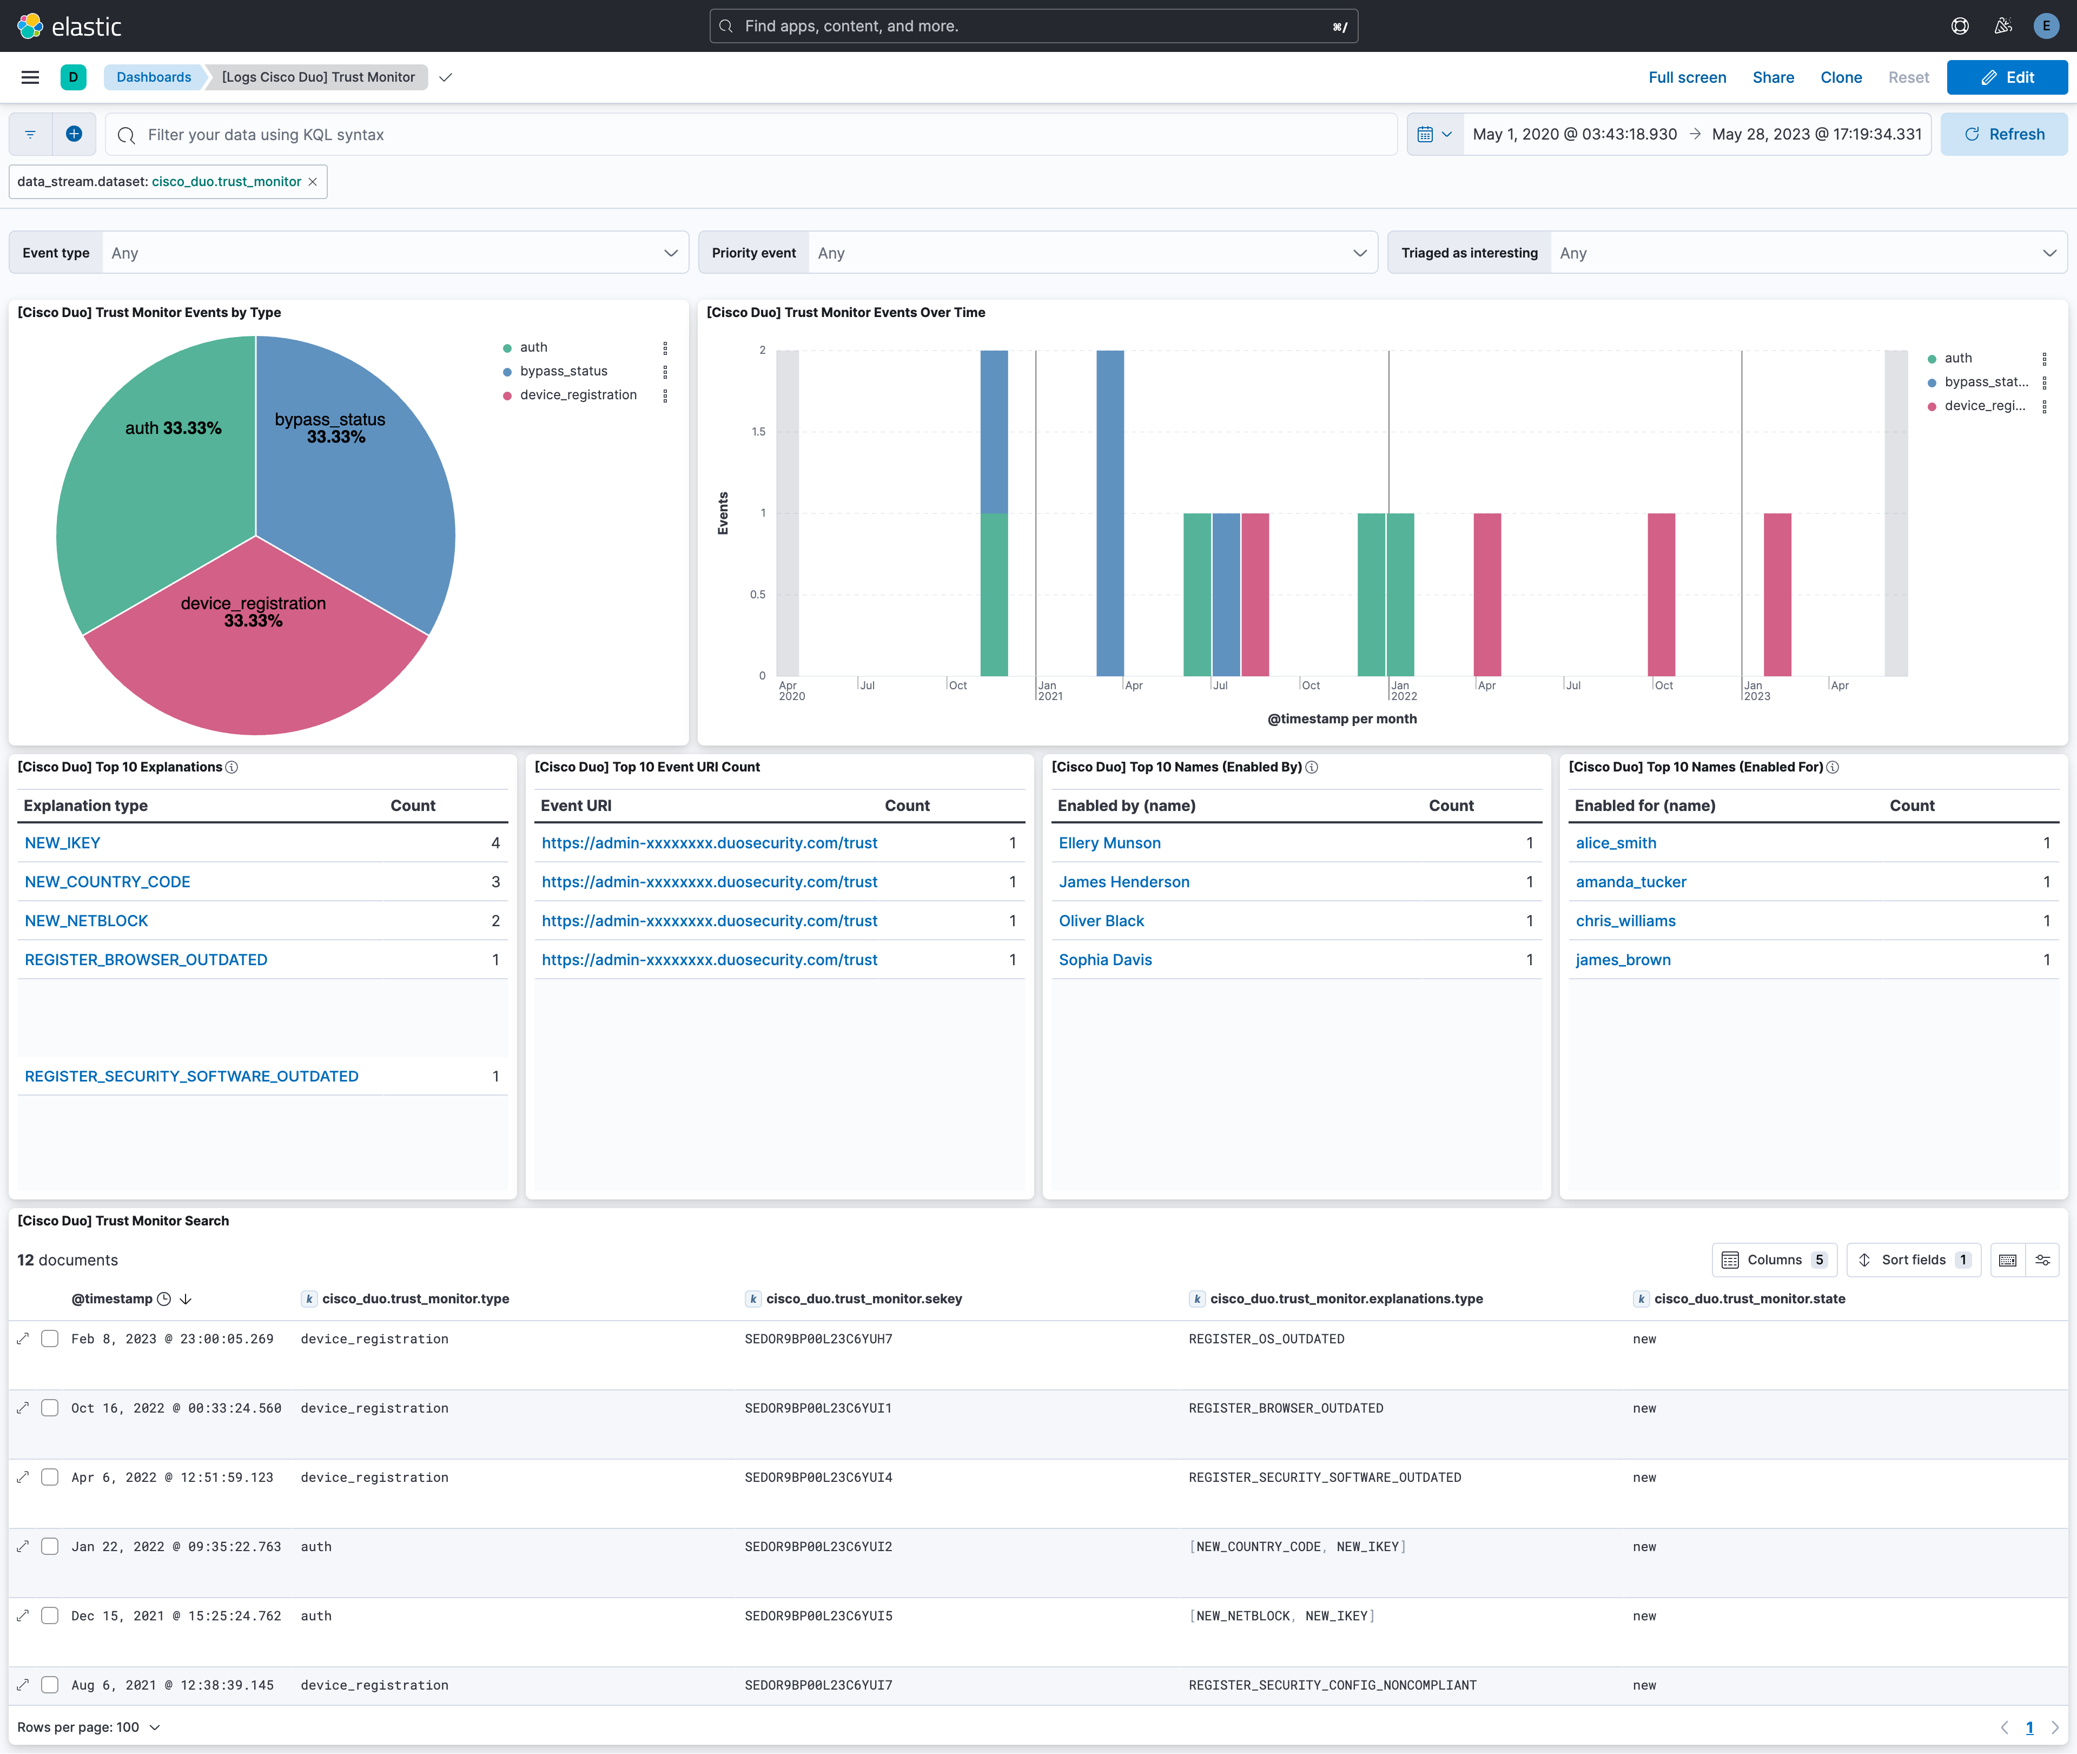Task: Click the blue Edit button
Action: click(2006, 77)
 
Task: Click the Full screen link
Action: click(1686, 77)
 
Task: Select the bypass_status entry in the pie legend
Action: click(563, 371)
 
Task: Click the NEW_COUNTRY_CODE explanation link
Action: click(108, 882)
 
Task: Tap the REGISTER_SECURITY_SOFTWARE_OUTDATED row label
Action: click(191, 1076)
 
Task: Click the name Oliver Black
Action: click(1101, 921)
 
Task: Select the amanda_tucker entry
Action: click(1631, 882)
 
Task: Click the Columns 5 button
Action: click(1774, 1260)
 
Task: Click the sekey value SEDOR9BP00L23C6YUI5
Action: click(818, 1616)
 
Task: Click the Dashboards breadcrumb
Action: click(153, 77)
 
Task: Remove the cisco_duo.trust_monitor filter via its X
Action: click(312, 182)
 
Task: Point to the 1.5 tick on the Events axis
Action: click(759, 432)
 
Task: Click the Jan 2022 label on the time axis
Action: click(1402, 690)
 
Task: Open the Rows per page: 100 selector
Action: click(88, 1727)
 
